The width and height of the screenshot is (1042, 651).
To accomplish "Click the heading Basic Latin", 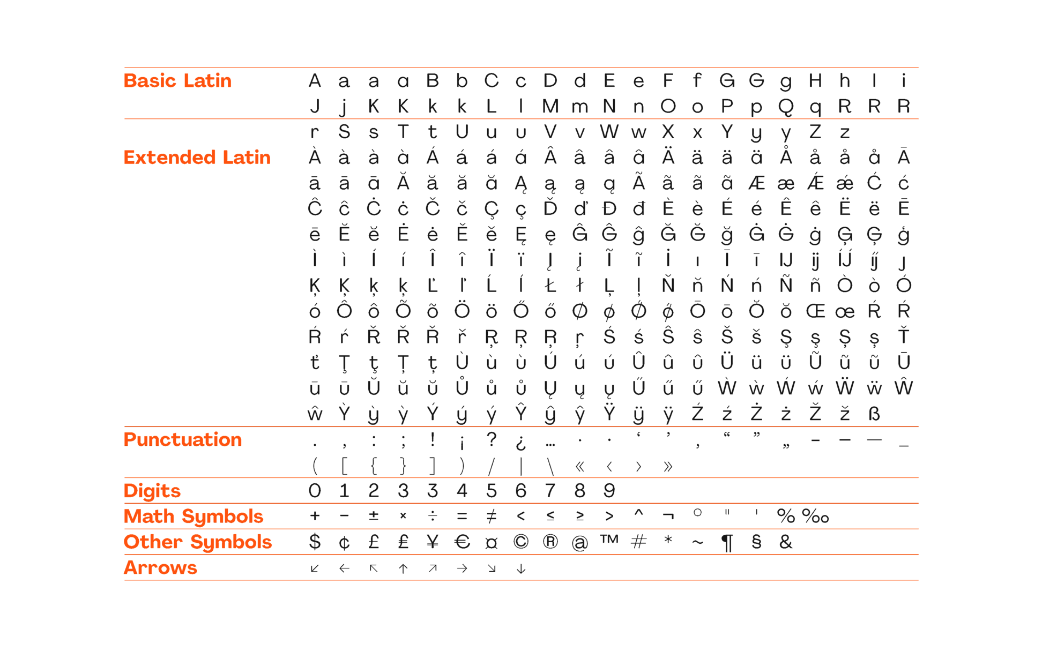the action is [x=177, y=81].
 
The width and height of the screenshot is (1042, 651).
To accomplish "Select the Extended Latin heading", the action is [x=197, y=158].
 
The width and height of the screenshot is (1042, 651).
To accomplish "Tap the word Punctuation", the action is [x=183, y=440].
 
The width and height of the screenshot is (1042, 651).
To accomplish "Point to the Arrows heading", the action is [x=160, y=568].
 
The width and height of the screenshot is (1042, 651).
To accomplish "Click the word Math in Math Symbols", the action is [x=149, y=517].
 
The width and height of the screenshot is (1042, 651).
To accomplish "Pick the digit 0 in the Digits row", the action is [x=315, y=491].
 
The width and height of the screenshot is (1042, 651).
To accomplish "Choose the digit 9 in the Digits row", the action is [x=609, y=491].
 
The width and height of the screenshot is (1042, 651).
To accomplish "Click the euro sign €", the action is [x=462, y=542].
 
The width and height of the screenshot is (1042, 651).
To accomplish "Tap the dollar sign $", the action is [x=315, y=542].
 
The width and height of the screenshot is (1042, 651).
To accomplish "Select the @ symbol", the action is [x=579, y=543].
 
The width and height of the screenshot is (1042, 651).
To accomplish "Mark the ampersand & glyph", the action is [x=786, y=542].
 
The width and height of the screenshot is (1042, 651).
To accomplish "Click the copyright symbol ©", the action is [x=520, y=542].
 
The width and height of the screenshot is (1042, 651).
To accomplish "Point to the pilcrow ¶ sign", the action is [x=727, y=543].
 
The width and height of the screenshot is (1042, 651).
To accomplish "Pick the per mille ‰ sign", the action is [x=815, y=517].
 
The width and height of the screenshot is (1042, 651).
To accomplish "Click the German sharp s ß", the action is [x=874, y=414].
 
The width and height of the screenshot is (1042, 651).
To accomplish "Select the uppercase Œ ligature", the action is [x=815, y=311].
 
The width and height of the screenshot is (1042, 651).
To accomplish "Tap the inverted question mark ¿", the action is [x=520, y=443].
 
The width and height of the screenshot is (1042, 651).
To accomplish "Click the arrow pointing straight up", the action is [x=403, y=568].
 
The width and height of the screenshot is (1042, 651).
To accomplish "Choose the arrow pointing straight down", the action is [x=520, y=568].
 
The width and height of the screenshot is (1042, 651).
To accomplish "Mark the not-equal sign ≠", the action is [x=491, y=517].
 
